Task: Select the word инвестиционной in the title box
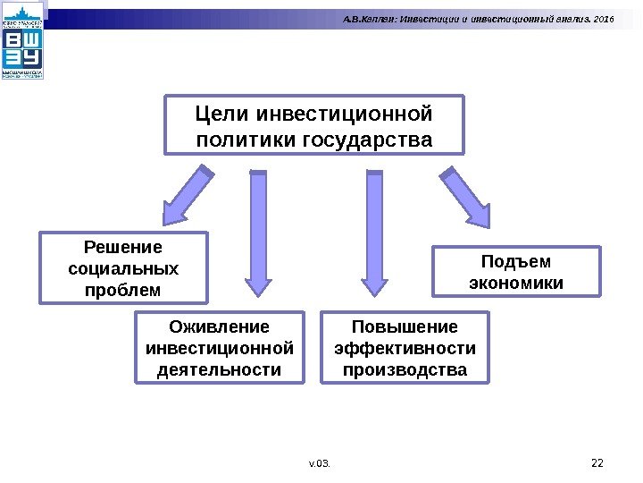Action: click(344, 114)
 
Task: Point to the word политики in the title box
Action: click(247, 140)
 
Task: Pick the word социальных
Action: click(123, 268)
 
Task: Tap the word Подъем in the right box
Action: click(516, 261)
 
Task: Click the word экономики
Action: click(516, 283)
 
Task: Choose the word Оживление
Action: click(219, 326)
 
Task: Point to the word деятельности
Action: click(219, 369)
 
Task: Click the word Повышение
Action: click(405, 326)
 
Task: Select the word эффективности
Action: click(405, 348)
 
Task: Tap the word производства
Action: click(405, 369)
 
